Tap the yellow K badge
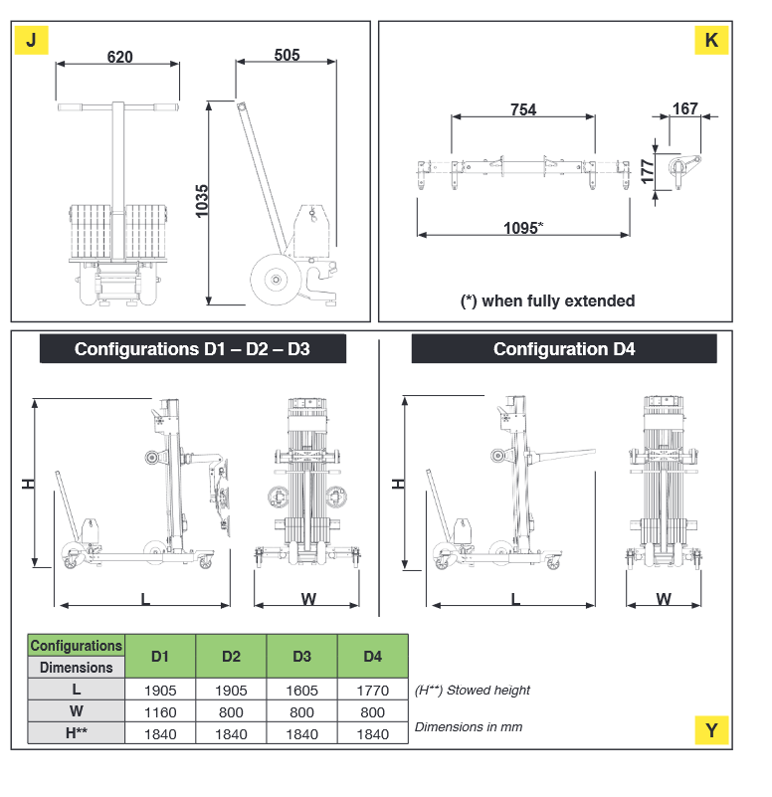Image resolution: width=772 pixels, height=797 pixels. click(x=711, y=40)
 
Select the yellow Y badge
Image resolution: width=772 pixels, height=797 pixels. click(x=711, y=730)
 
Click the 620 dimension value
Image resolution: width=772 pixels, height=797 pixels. click(x=119, y=58)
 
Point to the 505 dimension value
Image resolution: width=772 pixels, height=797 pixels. click(x=287, y=56)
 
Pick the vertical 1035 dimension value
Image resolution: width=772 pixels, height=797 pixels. click(x=202, y=202)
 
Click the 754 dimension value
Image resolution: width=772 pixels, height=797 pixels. click(x=523, y=109)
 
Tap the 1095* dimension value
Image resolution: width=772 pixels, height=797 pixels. click(x=522, y=228)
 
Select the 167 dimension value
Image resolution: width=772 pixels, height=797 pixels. click(x=685, y=108)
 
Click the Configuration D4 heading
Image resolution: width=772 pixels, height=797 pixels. click(x=564, y=349)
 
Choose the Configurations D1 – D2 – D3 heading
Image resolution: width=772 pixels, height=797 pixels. click(x=192, y=349)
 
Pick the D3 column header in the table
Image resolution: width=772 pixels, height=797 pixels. click(x=301, y=657)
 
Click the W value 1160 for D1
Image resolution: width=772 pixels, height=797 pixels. click(x=160, y=711)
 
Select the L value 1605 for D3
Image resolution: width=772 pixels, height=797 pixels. click(x=301, y=690)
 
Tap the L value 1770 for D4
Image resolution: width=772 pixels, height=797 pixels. click(x=372, y=690)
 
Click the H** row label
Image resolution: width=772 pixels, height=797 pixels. click(x=77, y=733)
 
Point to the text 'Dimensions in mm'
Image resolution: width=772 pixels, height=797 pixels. click(x=469, y=726)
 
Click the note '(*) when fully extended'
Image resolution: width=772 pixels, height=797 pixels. click(x=547, y=300)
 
